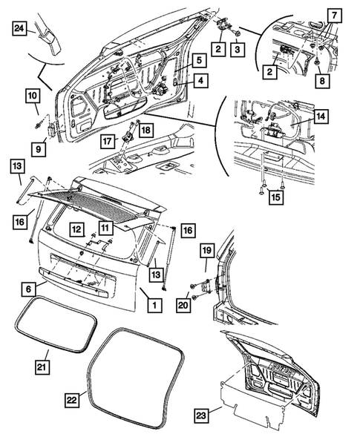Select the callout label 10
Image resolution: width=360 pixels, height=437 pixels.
point(33,96)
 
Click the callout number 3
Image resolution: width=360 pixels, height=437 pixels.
point(238,49)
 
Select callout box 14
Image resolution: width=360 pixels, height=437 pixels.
point(319,116)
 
